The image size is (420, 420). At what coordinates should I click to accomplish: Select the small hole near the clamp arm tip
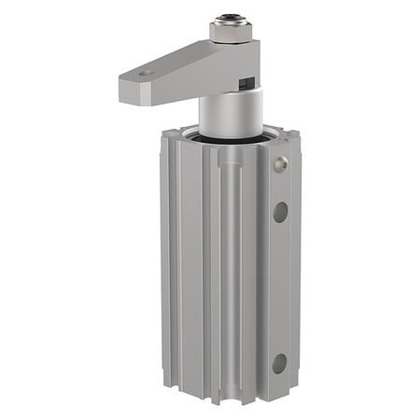pos(144,72)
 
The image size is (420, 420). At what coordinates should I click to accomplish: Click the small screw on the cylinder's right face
pos(281,164)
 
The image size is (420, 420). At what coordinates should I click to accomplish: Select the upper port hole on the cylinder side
pos(280,212)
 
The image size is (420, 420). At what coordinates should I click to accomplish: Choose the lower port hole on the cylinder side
pos(280,362)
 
